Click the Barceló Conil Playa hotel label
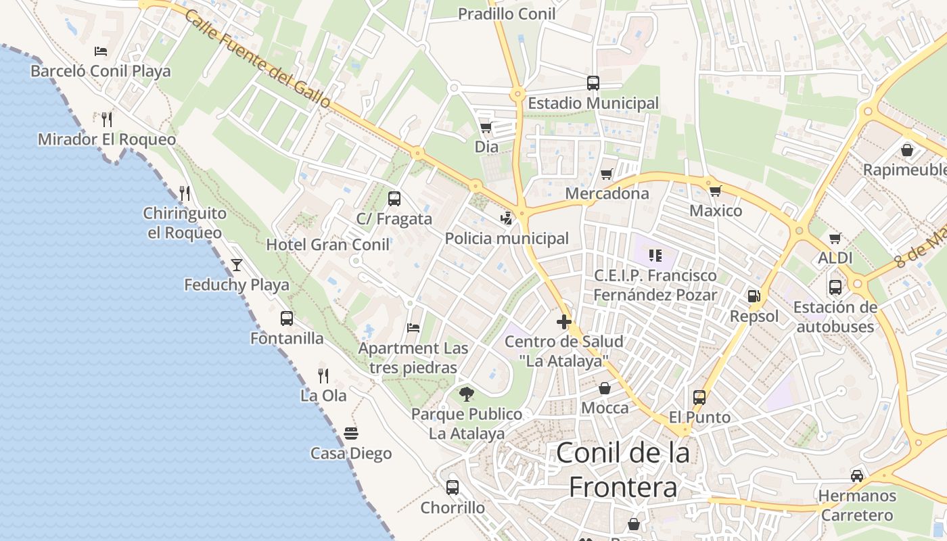(101, 71)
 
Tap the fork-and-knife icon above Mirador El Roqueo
(106, 120)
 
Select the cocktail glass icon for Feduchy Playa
(237, 264)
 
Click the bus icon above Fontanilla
(287, 318)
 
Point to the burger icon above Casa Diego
(350, 433)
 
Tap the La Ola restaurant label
(323, 396)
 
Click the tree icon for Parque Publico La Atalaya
(466, 394)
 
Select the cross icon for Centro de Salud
(563, 322)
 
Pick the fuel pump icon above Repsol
(754, 296)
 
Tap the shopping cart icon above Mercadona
(607, 174)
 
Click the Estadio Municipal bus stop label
(593, 103)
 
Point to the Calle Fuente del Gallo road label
(258, 59)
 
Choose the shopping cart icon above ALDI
(835, 238)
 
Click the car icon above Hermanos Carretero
(857, 475)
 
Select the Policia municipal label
(507, 239)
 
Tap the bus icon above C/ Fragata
(394, 199)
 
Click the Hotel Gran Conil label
(328, 245)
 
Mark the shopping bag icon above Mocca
(605, 388)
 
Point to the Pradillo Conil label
(507, 14)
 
